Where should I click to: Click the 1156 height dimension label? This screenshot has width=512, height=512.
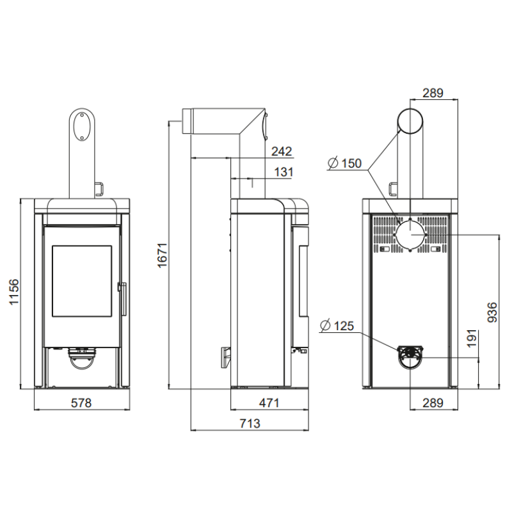point(14,292)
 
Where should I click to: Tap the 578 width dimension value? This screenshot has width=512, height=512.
point(81,403)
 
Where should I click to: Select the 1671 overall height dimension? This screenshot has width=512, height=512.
point(163,255)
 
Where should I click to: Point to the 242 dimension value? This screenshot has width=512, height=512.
point(282,151)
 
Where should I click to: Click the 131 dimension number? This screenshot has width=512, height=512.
point(284,172)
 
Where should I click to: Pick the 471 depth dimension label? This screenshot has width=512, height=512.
point(269,403)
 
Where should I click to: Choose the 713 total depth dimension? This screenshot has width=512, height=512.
point(250,423)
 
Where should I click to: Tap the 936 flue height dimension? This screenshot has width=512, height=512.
point(492,312)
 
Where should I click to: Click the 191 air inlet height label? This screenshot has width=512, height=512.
point(472,339)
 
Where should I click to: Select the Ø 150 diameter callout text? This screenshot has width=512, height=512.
point(345,163)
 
